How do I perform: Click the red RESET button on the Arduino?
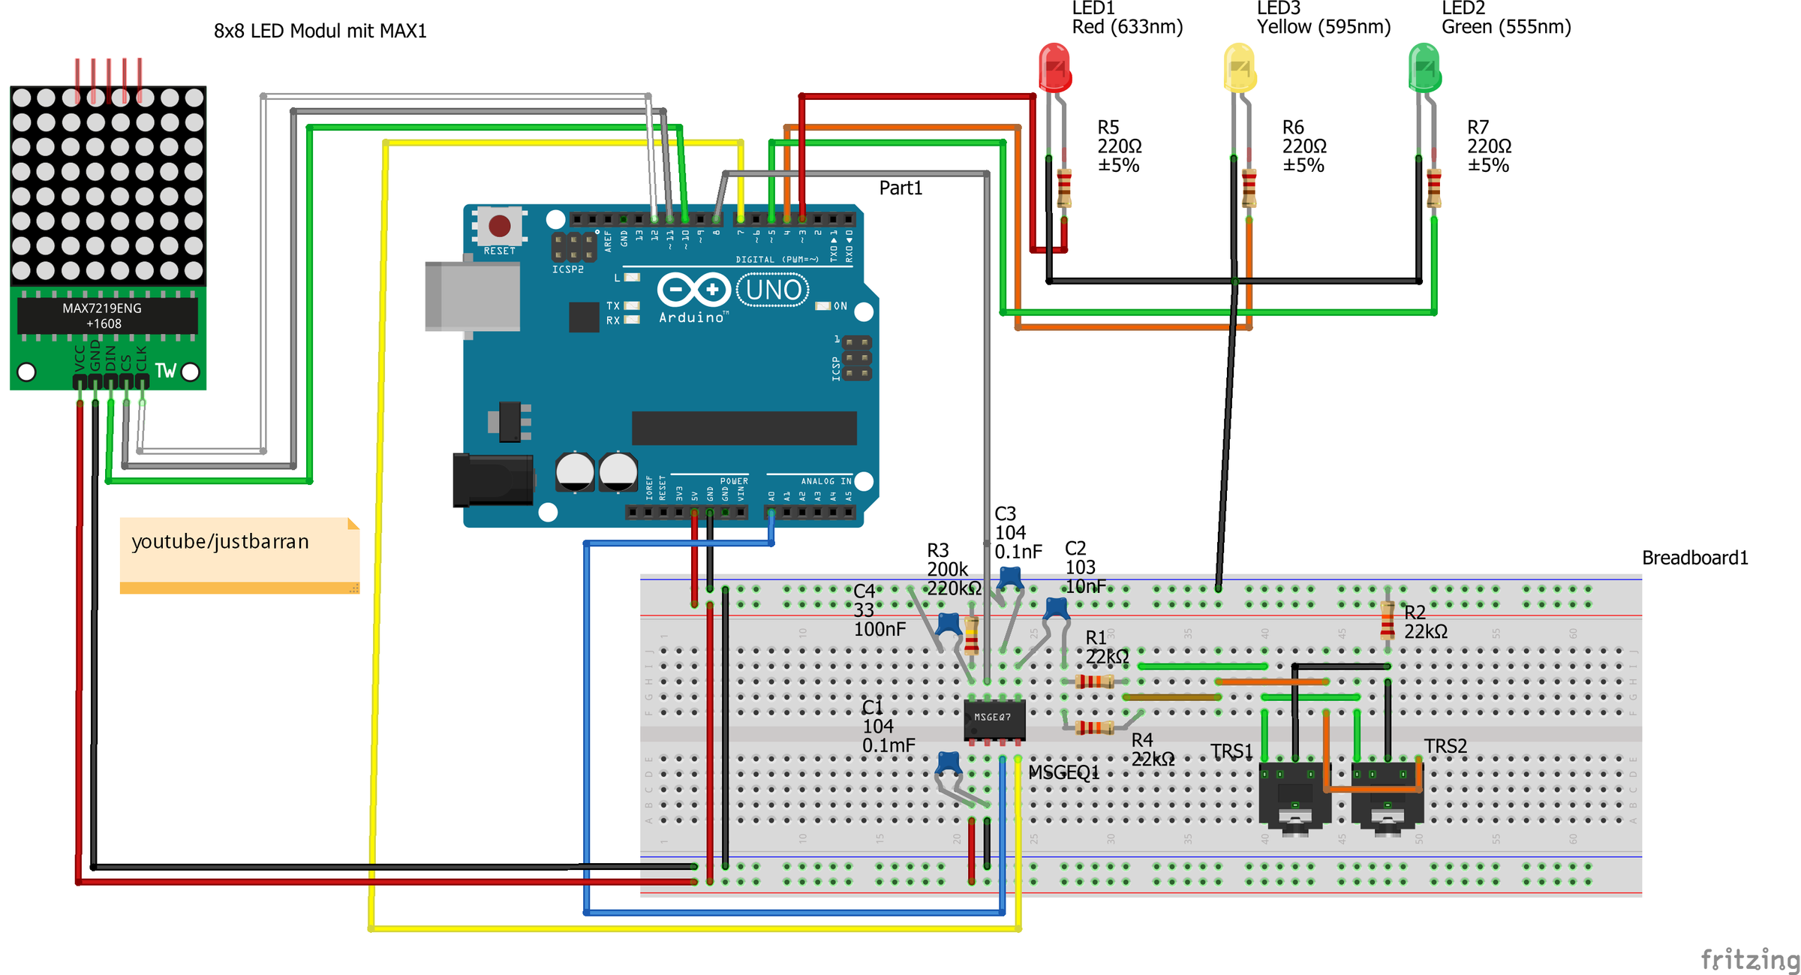500,225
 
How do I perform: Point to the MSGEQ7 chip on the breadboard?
994,719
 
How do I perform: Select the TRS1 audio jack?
1294,796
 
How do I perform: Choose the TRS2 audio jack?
1387,796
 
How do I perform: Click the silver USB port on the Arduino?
472,296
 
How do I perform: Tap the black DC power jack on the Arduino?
492,480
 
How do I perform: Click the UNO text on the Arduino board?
773,290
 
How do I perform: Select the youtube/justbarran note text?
220,542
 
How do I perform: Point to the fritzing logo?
1748,958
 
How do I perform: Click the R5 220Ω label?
1119,146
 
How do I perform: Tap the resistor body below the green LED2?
1433,188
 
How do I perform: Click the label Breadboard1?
1694,558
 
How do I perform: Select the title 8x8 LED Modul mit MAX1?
320,31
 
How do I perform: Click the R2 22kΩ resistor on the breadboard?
1387,620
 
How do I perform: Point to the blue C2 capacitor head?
1057,606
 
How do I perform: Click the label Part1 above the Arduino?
900,188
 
